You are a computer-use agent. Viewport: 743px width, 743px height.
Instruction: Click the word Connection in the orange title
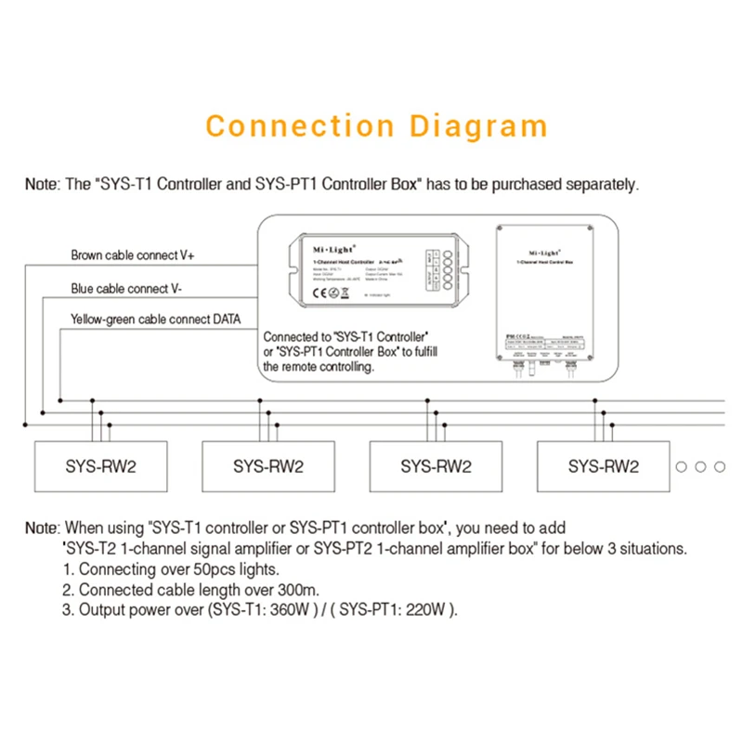(x=287, y=126)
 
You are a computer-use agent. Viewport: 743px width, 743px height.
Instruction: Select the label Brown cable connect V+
(x=133, y=254)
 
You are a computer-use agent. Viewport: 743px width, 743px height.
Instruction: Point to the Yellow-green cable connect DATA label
(x=155, y=319)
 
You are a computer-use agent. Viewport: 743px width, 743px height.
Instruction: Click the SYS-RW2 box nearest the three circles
(x=604, y=465)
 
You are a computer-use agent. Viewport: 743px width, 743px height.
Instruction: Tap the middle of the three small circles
(x=701, y=466)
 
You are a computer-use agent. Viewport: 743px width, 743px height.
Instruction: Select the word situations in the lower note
(x=654, y=548)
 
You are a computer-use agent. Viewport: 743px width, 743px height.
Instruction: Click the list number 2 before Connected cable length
(x=67, y=590)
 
